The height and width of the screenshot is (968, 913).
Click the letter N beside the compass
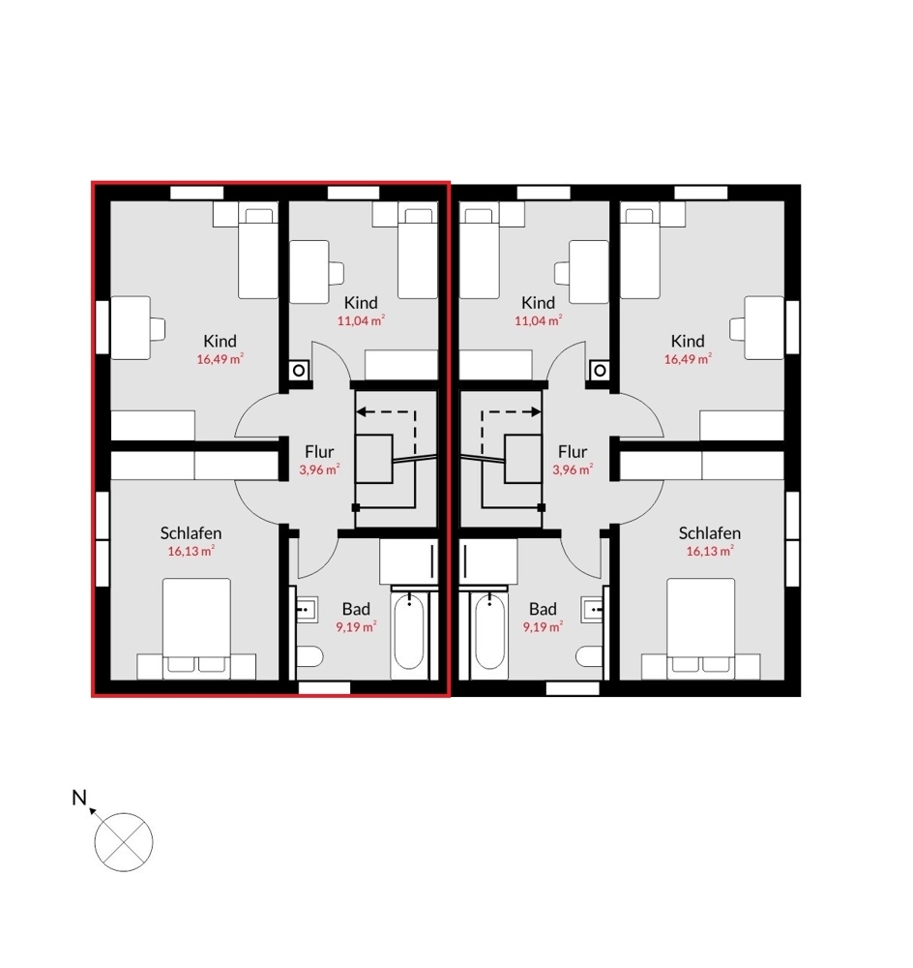tap(79, 798)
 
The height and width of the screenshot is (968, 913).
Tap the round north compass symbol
tap(124, 842)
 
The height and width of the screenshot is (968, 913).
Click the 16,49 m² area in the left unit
tap(221, 359)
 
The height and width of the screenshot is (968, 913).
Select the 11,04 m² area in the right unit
tap(539, 320)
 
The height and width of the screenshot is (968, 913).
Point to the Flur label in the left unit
tap(319, 452)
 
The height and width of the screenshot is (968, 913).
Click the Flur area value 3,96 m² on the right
tap(573, 469)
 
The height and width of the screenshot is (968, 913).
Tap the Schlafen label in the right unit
tap(710, 533)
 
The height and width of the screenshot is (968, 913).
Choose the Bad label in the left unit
tap(356, 609)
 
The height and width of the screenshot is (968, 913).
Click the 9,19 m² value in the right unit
tap(543, 627)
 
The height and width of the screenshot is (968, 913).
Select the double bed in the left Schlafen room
tap(196, 628)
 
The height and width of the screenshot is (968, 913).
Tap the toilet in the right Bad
tap(592, 656)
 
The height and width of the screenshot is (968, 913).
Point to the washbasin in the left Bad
tap(308, 609)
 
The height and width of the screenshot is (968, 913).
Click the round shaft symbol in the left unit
tap(299, 371)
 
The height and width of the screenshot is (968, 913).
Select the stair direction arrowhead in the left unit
tap(362, 411)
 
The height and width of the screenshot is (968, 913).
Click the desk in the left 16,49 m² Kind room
tap(131, 328)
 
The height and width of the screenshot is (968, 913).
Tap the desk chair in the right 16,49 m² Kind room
tap(737, 328)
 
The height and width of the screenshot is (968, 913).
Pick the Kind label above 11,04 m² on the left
tap(361, 303)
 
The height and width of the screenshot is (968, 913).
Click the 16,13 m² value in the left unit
tap(191, 552)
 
